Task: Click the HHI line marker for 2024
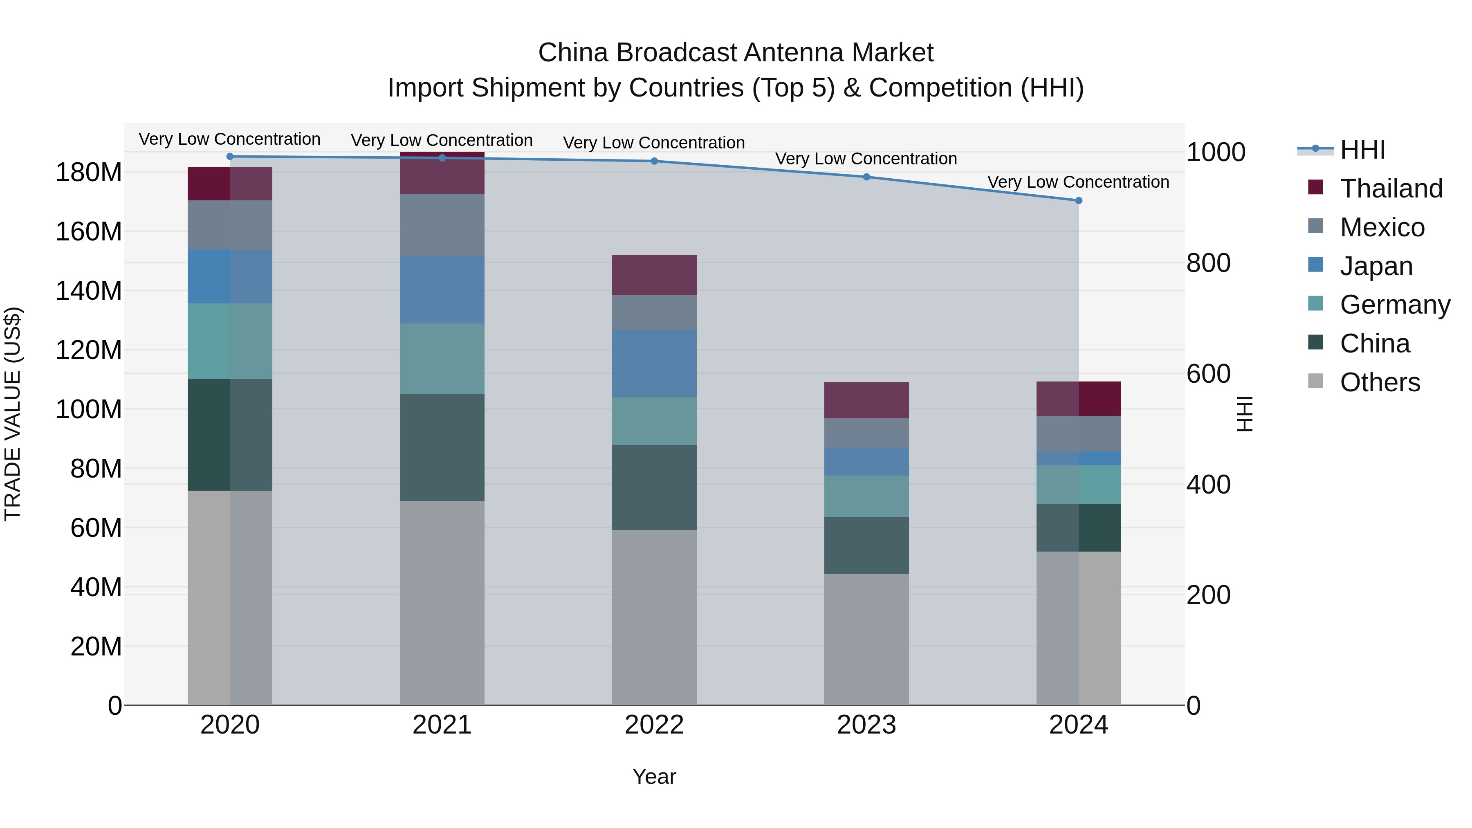click(x=1078, y=201)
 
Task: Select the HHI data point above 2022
click(x=654, y=161)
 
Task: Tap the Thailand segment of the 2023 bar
click(x=866, y=400)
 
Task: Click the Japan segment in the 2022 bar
click(x=654, y=364)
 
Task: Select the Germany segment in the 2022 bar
click(x=654, y=421)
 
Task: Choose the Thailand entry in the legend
click(x=1391, y=188)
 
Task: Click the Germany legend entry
click(x=1394, y=305)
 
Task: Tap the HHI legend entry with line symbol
click(x=1362, y=150)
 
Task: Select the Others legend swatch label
click(x=1380, y=382)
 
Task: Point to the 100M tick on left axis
click(x=89, y=409)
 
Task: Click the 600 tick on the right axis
click(x=1208, y=374)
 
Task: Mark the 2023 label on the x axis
click(x=866, y=725)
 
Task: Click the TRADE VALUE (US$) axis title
click(x=13, y=414)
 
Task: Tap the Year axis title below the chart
click(x=654, y=776)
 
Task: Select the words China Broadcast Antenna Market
click(x=736, y=53)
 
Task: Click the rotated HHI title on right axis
click(x=1244, y=414)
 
